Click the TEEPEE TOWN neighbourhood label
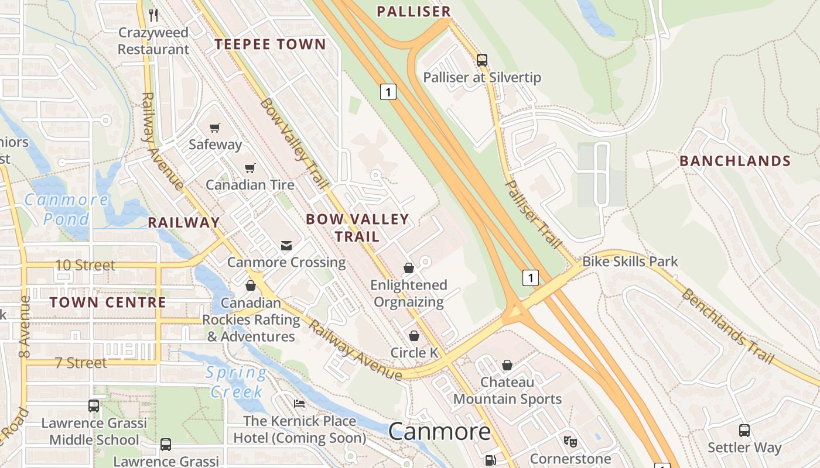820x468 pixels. point(270,44)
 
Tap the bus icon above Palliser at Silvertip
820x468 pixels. point(482,60)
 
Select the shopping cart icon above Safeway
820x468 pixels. point(215,128)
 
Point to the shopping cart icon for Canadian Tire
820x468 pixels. point(250,168)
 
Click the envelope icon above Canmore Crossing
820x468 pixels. point(286,245)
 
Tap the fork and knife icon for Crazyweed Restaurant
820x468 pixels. point(153,15)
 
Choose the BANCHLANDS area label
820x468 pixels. point(735,161)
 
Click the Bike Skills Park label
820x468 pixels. point(630,261)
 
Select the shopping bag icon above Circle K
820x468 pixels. point(414,336)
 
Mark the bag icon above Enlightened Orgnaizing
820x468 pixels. point(409,268)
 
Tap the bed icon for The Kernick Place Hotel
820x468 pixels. point(299,404)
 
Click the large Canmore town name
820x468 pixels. point(439,432)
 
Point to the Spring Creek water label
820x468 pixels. point(236,381)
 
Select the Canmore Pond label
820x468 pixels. point(66,209)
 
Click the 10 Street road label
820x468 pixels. point(85,265)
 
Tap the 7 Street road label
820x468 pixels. point(81,363)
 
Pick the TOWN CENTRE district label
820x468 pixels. point(108,302)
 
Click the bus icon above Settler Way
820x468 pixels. point(744,431)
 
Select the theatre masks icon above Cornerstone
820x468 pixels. point(570,441)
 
